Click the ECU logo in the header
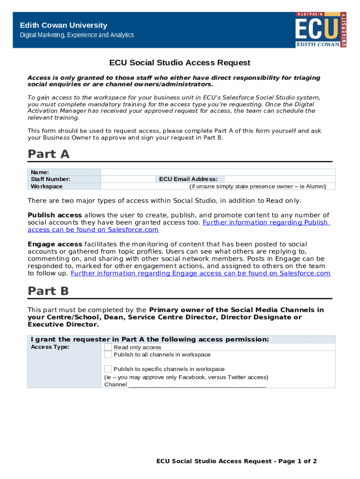321,29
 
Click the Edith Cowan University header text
63,25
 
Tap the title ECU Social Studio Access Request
180,63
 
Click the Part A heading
49,154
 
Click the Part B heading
48,291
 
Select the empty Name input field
218,172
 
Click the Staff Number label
50,179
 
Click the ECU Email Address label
188,179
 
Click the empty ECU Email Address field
279,179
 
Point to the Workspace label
46,186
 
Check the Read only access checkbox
108,347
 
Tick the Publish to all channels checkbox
108,355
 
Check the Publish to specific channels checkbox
108,369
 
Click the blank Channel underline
196,385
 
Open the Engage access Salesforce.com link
200,273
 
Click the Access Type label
50,347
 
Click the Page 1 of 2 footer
237,461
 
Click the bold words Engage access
55,244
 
